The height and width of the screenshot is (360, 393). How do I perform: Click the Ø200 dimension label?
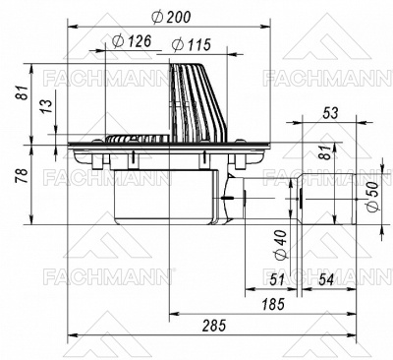(x=172, y=18)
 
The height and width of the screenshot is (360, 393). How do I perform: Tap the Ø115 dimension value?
(x=192, y=44)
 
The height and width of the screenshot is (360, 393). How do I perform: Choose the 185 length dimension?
(x=272, y=305)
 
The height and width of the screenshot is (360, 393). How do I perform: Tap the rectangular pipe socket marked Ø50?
(x=324, y=200)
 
